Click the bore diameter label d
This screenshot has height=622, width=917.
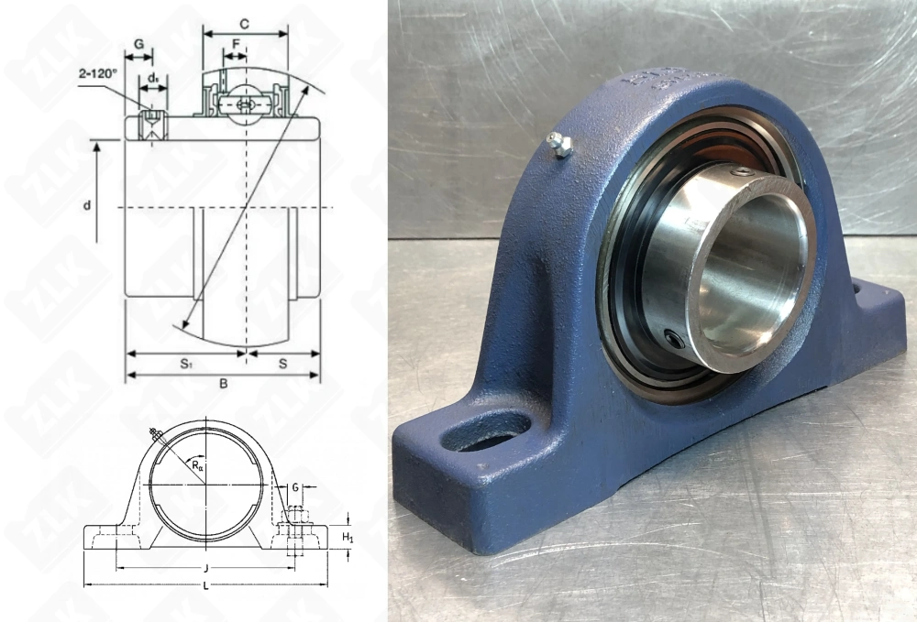coord(87,206)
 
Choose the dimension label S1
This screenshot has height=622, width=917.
coord(185,364)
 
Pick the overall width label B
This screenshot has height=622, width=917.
coord(223,384)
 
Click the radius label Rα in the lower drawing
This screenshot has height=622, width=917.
coord(199,465)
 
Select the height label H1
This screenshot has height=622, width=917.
coord(348,536)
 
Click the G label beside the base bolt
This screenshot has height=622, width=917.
coord(295,487)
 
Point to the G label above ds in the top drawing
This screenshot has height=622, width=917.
coord(138,43)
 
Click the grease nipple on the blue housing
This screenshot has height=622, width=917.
coord(558,144)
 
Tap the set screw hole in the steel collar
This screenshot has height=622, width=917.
coord(676,342)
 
